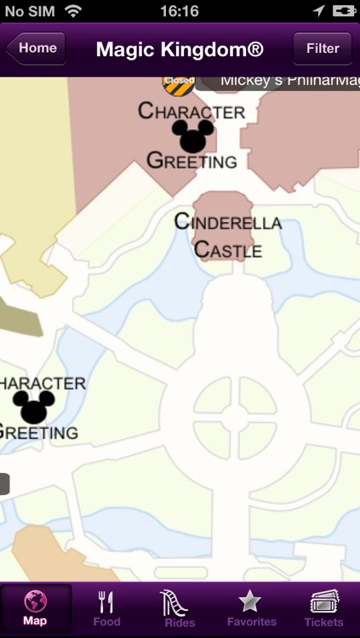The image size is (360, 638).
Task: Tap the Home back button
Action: (36, 48)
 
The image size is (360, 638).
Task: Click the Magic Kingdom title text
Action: (180, 48)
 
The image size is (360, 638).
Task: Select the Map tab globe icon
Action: (36, 601)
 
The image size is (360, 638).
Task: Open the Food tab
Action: (107, 609)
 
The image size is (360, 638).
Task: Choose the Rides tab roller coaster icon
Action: (179, 601)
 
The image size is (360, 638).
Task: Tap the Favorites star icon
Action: (249, 601)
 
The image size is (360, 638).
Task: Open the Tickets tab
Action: (323, 609)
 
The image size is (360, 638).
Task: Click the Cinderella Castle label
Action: (227, 236)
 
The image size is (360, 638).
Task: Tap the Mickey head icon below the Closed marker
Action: (193, 135)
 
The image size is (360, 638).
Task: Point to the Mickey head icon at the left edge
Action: (34, 407)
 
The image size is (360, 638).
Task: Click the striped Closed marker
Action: (179, 83)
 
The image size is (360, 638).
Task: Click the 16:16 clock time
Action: (180, 11)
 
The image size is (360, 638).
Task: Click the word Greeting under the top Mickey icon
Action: (191, 161)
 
